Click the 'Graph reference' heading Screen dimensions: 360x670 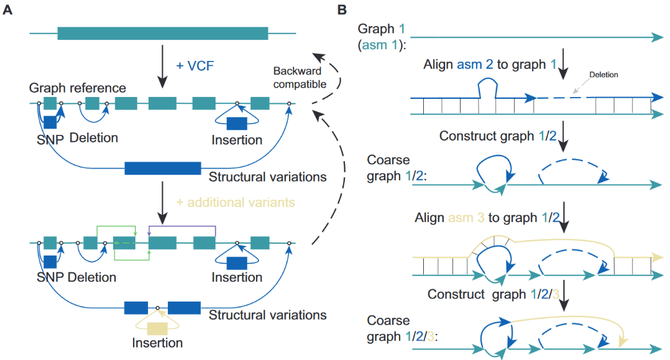click(81, 88)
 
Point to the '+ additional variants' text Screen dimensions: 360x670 click(235, 202)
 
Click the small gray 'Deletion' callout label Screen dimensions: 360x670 click(602, 73)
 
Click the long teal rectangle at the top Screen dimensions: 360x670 click(163, 33)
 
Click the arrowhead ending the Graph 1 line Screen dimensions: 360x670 click(656, 37)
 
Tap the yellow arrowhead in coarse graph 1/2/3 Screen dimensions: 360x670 click(624, 341)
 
